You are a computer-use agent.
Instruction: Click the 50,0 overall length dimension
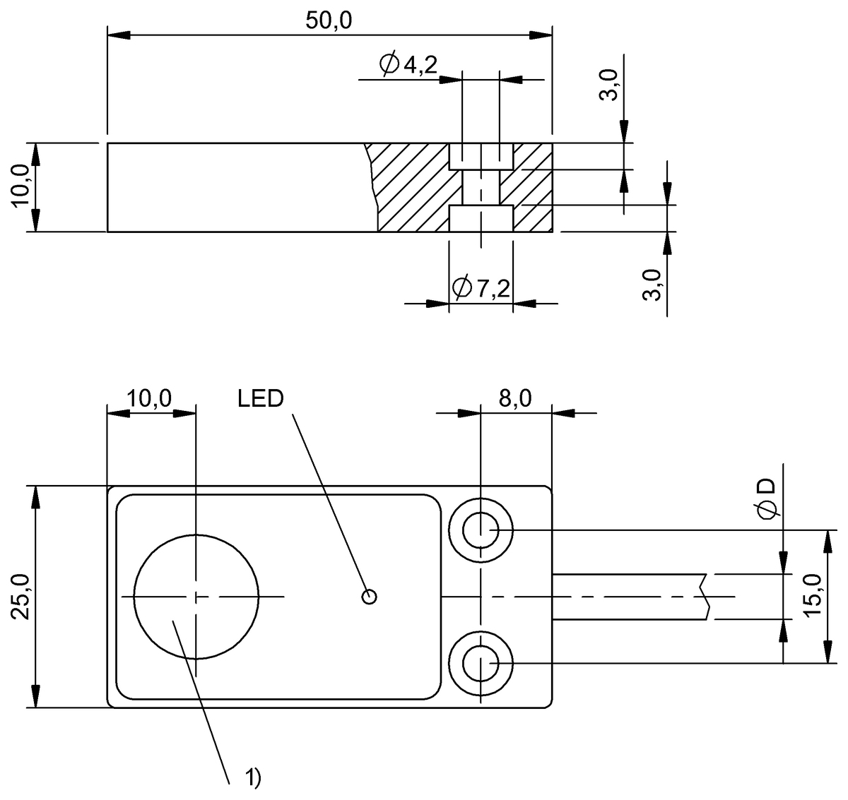point(329,20)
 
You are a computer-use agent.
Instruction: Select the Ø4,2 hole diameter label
point(408,65)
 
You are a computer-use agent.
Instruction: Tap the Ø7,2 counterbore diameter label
point(481,288)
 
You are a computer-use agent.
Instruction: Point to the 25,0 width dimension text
point(21,597)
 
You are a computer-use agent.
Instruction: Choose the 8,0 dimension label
point(515,398)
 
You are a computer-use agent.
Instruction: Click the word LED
point(261,398)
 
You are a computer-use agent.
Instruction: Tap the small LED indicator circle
point(369,597)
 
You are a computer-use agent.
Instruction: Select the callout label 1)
point(253,777)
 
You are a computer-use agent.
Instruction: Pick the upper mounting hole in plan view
point(481,530)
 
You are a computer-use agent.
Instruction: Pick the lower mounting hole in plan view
point(481,664)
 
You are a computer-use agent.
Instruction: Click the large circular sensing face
point(196,597)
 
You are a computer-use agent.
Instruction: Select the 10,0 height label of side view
point(21,186)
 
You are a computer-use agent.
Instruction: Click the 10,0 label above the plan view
point(149,398)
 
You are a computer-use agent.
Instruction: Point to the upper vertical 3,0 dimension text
point(608,85)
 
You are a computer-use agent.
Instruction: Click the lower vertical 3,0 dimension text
point(652,285)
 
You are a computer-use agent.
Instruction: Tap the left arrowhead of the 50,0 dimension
point(119,35)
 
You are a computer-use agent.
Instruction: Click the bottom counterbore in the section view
point(481,218)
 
